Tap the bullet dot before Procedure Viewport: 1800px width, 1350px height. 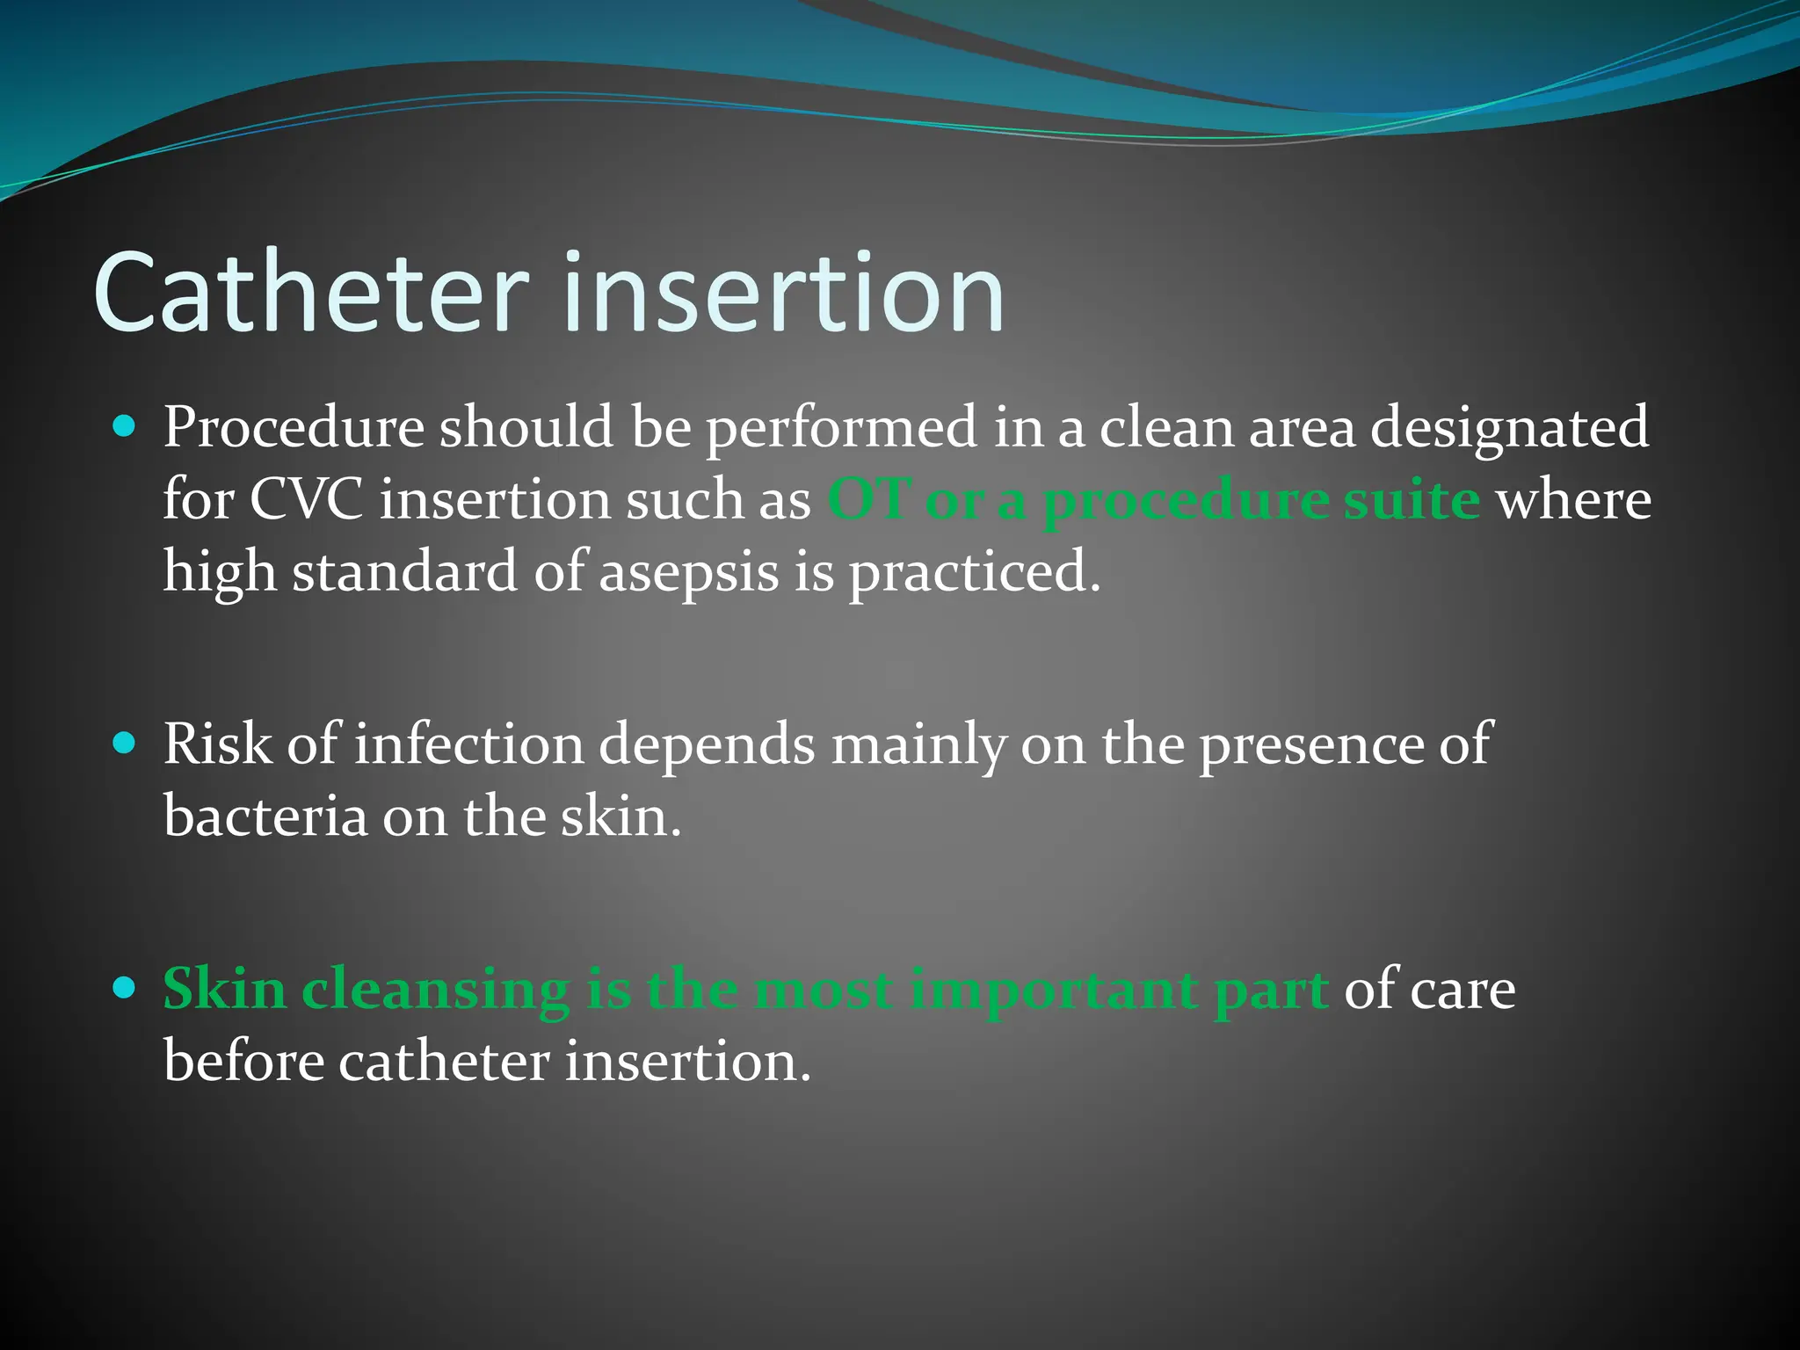tap(126, 428)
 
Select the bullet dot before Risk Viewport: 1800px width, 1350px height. tap(126, 744)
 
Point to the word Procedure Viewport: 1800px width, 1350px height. tap(294, 429)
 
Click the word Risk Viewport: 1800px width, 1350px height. tap(217, 744)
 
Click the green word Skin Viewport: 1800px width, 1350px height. tap(225, 990)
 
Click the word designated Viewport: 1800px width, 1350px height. tap(1509, 429)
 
